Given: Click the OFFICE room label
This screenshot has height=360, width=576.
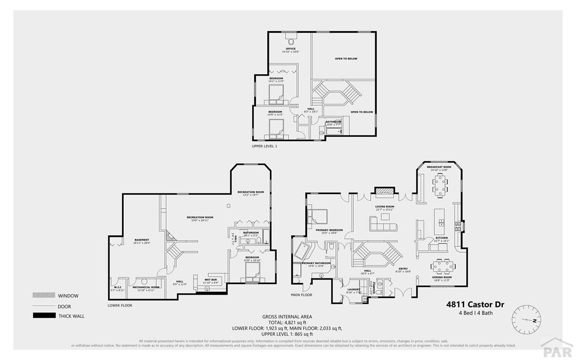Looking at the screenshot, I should coord(290,49).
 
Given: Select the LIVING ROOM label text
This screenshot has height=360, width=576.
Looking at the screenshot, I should coord(385,206).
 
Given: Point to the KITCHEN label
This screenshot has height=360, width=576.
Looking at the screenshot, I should coord(442,237).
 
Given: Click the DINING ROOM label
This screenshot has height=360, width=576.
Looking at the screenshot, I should coord(443,277).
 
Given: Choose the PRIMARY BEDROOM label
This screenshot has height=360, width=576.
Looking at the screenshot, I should coord(329,229).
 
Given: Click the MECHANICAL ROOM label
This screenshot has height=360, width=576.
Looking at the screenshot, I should coord(146,287).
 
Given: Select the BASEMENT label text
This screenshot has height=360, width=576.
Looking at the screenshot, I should coord(141,240).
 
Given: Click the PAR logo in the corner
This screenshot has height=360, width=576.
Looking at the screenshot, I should coord(556,348).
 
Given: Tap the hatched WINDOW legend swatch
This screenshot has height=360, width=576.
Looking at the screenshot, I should coord(44,295).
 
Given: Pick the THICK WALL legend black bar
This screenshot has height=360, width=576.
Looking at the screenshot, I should coord(44,316).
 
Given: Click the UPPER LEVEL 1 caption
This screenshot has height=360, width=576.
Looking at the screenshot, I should coord(265,146).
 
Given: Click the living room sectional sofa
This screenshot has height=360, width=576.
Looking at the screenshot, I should coord(382,224).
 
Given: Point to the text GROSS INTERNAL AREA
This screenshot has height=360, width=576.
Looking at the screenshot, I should coord(287,316).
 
